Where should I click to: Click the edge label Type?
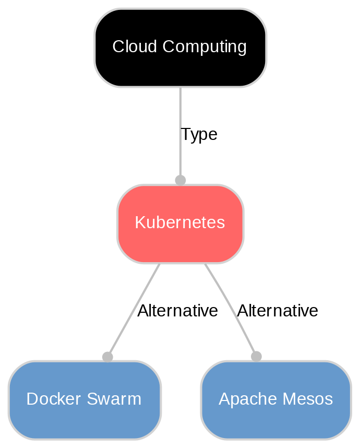[x=199, y=135]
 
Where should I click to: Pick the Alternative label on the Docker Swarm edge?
[x=177, y=311]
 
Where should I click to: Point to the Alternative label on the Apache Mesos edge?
[x=277, y=311]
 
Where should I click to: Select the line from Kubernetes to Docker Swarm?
[x=130, y=313]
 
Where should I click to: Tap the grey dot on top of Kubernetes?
[x=180, y=180]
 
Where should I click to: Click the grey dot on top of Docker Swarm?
[x=107, y=357]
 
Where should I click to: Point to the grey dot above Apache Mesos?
[x=256, y=356]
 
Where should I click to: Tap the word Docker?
[x=51, y=399]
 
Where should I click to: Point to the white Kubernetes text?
[x=180, y=223]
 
